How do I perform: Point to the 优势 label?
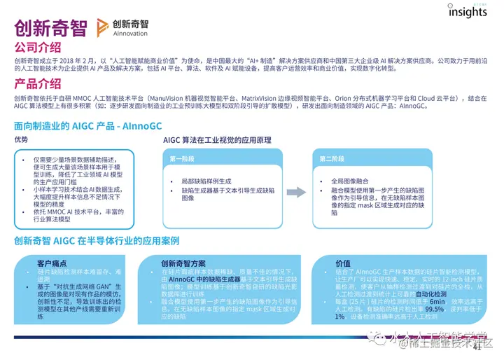(x=22, y=140)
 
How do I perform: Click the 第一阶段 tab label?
(x=183, y=159)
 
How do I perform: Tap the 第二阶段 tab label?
(x=333, y=159)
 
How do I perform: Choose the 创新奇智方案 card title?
(x=183, y=263)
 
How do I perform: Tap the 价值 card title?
(x=343, y=263)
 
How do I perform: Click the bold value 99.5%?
(x=435, y=308)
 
